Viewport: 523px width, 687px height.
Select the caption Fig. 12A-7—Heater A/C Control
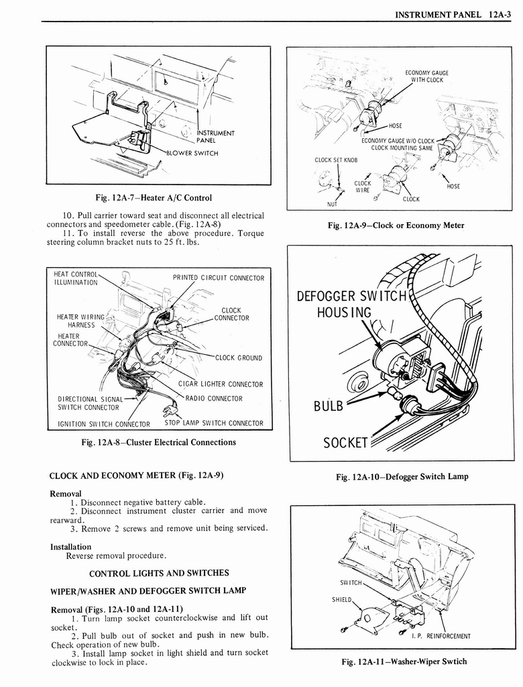[154, 198]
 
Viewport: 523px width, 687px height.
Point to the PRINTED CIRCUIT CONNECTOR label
[219, 278]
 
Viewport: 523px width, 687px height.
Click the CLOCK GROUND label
[238, 358]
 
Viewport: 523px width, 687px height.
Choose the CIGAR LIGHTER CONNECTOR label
[221, 384]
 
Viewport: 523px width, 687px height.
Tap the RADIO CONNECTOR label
[214, 399]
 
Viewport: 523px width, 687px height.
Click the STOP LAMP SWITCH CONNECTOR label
[214, 423]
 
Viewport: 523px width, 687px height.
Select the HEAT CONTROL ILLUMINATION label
[76, 278]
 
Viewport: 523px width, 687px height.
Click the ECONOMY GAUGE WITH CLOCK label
[426, 76]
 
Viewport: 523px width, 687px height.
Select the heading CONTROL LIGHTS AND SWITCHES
[159, 573]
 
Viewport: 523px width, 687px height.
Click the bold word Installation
[71, 547]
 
